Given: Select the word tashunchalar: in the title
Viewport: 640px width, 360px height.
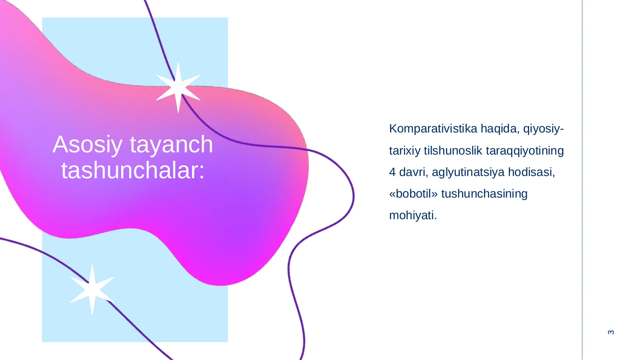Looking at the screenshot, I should [x=133, y=170].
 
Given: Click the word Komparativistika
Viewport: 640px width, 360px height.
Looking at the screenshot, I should [x=433, y=129].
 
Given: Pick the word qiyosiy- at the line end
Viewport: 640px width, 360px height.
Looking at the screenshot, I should [x=543, y=129].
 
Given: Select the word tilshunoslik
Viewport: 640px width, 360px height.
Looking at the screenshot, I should [x=453, y=151].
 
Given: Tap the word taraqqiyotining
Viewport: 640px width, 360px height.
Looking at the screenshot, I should [x=525, y=151].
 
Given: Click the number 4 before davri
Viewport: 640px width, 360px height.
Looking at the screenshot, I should [x=392, y=172].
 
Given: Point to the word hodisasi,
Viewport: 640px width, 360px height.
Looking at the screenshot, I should [x=531, y=172].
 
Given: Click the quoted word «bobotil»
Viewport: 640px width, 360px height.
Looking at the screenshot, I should [x=414, y=194].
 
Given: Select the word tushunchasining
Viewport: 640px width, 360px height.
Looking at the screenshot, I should [x=484, y=194].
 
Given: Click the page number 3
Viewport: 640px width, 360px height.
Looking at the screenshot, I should [x=611, y=332].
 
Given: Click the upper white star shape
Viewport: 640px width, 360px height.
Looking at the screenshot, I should [x=178, y=87].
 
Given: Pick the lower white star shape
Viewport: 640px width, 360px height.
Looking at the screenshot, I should [x=92, y=289].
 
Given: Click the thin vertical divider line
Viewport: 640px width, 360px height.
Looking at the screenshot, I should [x=582, y=180].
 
